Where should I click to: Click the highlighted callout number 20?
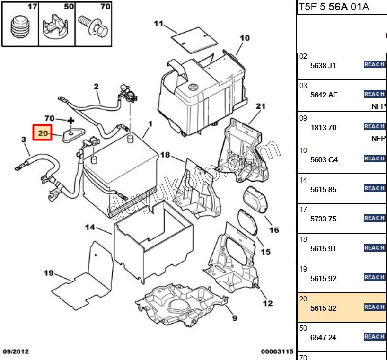coord(43,133)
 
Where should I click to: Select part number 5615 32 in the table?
coord(323,308)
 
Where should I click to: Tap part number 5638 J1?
coord(323,66)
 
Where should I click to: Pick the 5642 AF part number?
coord(324,95)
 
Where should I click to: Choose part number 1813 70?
coord(323,128)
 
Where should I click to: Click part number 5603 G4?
coord(324,160)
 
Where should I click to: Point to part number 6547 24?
coord(323,338)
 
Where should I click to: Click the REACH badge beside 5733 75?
coord(374,218)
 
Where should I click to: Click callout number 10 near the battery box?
coord(244,38)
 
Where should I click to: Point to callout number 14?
coord(90,228)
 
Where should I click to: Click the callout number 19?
coord(49,272)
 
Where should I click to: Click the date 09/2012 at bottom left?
coord(17,352)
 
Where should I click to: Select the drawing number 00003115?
coord(277,352)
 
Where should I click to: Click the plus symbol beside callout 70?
coord(71,121)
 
